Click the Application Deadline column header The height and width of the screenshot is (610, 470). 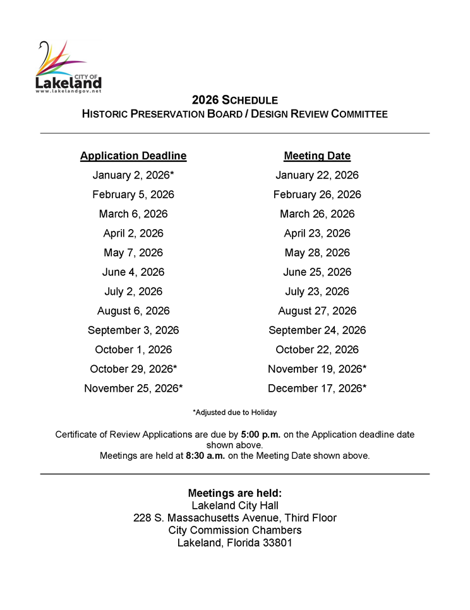coord(133,156)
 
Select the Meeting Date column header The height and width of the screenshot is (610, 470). coord(317,156)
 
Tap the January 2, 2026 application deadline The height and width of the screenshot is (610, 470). coord(133,175)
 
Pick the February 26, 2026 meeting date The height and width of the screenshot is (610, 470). coord(317,194)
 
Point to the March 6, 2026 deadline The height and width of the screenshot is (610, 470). coord(133,214)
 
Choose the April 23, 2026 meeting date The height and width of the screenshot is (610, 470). coord(317,233)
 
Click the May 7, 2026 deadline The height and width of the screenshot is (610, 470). coord(133,252)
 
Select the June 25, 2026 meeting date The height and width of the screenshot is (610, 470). coord(317,272)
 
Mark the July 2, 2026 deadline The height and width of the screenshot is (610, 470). coord(133,292)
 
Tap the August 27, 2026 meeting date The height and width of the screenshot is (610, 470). coord(317,311)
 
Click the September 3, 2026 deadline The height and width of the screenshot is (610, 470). coord(133,330)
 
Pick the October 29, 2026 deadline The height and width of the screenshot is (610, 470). coord(133,369)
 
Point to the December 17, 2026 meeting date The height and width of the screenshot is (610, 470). coord(317,389)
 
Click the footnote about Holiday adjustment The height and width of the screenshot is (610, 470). coord(235,413)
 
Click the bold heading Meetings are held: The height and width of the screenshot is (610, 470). coord(235,493)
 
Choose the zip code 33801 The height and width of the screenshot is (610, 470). coord(277,543)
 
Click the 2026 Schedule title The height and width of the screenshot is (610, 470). coord(235,100)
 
